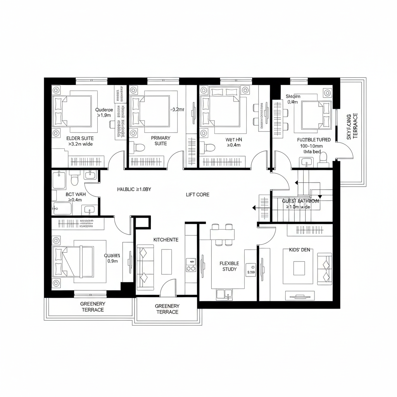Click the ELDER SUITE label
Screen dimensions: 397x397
(80, 138)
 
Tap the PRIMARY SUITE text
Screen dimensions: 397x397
(161, 141)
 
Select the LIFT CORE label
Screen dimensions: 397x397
(197, 195)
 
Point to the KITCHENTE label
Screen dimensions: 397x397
(166, 240)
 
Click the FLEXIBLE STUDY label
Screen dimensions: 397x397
(229, 266)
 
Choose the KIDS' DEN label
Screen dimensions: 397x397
(300, 250)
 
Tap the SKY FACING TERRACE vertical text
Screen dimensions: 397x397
(352, 126)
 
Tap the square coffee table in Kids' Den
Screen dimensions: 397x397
(299, 268)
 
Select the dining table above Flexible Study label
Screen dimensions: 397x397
(223, 235)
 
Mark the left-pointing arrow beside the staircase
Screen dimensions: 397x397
(255, 208)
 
